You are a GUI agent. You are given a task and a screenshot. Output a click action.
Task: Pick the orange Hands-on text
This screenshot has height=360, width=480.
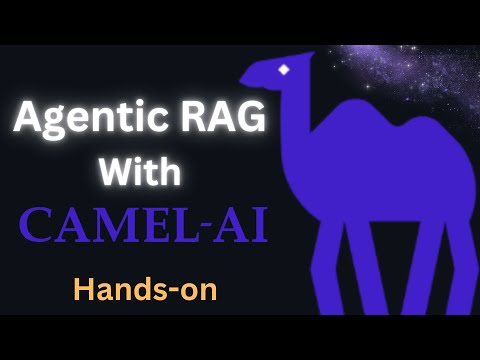[x=145, y=289]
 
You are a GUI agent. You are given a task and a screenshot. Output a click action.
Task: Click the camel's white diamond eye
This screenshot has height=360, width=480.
[x=284, y=70]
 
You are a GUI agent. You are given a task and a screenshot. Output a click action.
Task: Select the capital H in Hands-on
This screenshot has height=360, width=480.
[x=84, y=289]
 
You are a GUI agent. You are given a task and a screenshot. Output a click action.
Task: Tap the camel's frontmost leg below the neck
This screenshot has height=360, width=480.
[x=322, y=270]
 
